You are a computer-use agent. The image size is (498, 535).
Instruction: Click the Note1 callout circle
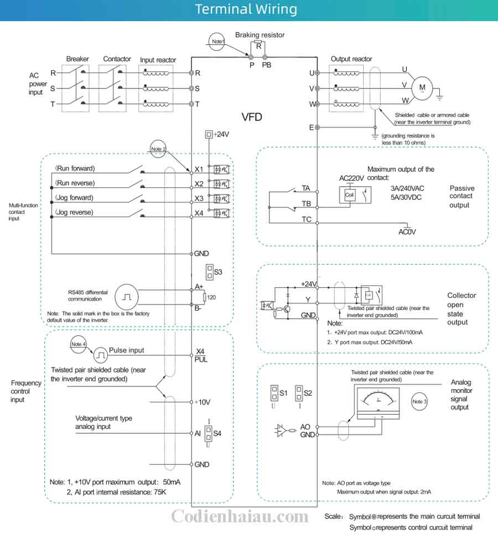pyautogui.click(x=217, y=41)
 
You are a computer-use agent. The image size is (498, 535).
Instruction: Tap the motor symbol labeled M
pyautogui.click(x=423, y=87)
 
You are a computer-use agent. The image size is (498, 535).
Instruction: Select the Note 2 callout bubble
pyautogui.click(x=158, y=148)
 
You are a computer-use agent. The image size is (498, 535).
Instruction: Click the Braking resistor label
pyautogui.click(x=260, y=35)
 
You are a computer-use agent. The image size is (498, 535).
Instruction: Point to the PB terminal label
pyautogui.click(x=267, y=65)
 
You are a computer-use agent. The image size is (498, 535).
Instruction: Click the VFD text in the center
pyautogui.click(x=252, y=117)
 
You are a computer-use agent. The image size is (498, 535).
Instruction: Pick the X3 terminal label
pyautogui.click(x=200, y=198)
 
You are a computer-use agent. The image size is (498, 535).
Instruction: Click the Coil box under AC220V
pyautogui.click(x=349, y=195)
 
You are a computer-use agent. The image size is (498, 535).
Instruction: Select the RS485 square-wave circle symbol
pyautogui.click(x=126, y=298)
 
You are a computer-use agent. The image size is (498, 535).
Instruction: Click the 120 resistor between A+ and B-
pyautogui.click(x=205, y=298)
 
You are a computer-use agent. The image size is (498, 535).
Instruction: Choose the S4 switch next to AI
pyautogui.click(x=209, y=433)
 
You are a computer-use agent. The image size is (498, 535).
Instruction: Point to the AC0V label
pyautogui.click(x=407, y=232)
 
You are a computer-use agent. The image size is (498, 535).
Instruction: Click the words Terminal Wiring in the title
pyautogui.click(x=246, y=9)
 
